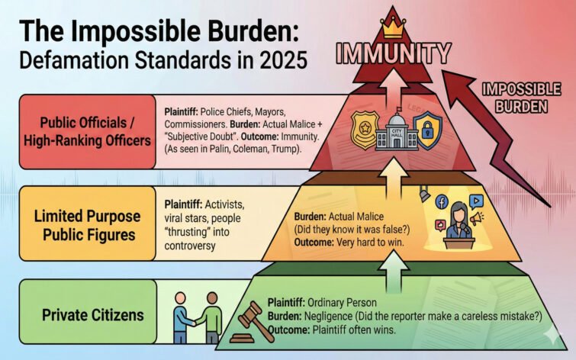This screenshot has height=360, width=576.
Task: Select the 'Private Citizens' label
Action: [x=82, y=314]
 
